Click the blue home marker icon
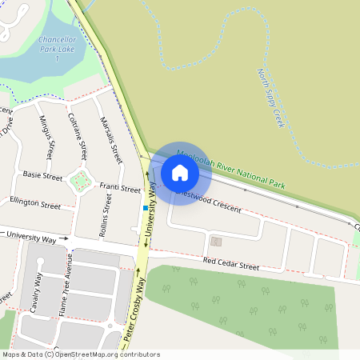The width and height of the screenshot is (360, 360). click(180, 172)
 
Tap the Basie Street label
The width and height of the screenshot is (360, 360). click(42, 174)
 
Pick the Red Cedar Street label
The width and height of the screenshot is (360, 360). click(231, 262)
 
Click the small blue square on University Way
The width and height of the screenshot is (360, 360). click(145, 209)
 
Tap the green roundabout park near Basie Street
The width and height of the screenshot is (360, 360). click(78, 182)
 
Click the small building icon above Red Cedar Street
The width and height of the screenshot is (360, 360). click(215, 240)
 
